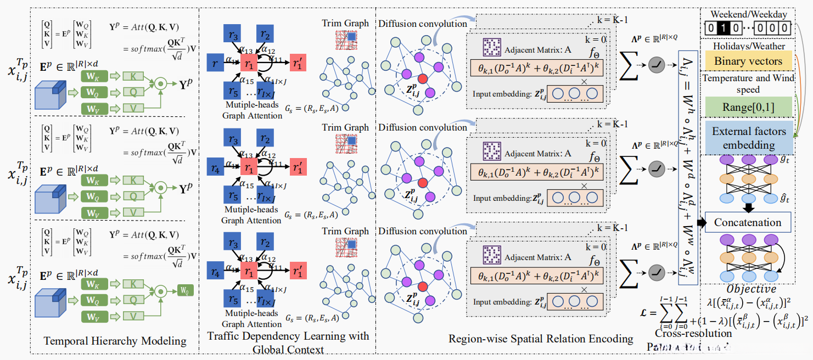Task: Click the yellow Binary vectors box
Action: pyautogui.click(x=748, y=61)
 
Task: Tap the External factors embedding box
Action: pyautogui.click(x=749, y=138)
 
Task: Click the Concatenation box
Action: pyautogui.click(x=748, y=223)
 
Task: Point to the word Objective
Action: pyautogui.click(x=751, y=289)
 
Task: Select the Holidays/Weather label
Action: pyautogui.click(x=749, y=46)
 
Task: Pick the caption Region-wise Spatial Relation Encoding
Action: pyautogui.click(x=541, y=339)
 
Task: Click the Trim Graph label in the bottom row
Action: pyautogui.click(x=345, y=231)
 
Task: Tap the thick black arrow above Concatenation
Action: pyautogui.click(x=748, y=208)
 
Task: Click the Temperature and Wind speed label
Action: pyautogui.click(x=749, y=83)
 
